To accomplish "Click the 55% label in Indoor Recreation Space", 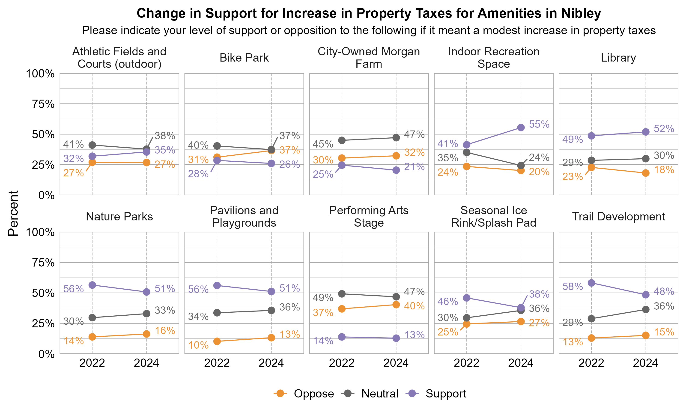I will [539, 124].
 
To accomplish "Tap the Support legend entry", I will [445, 394].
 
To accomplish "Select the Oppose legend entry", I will [313, 394].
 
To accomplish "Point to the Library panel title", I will [618, 58].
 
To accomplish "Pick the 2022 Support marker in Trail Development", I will [591, 283].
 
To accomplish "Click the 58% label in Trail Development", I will [573, 286].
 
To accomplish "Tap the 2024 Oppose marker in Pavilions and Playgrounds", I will [271, 338].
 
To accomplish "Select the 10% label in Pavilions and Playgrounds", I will [198, 345].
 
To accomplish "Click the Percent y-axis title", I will [13, 213].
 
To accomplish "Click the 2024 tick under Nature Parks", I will [146, 363].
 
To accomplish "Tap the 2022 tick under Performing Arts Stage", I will [342, 363].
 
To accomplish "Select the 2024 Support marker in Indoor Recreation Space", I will [521, 127].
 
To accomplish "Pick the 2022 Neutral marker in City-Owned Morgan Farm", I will [342, 140].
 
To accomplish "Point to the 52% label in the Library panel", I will [664, 129].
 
